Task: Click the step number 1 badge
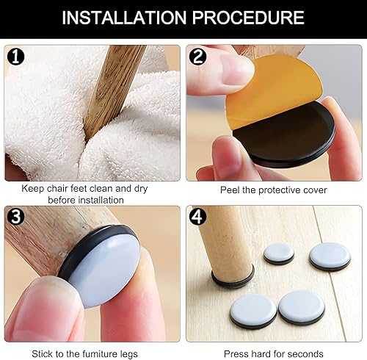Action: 16,57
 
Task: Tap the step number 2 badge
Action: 197,57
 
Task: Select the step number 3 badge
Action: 16,217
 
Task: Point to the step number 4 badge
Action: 197,217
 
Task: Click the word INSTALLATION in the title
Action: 124,18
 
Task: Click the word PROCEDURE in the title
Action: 248,18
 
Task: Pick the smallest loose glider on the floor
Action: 279,253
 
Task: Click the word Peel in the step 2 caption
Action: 230,190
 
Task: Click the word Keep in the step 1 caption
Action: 33,189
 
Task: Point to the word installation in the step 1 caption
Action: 100,200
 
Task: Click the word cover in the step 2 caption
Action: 315,190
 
